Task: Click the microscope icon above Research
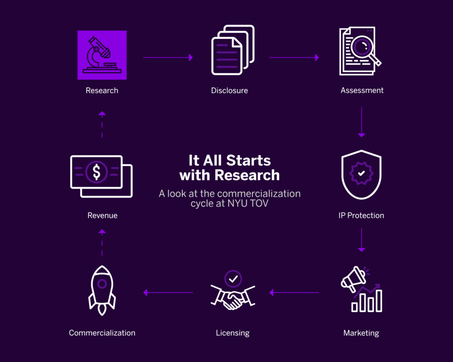coord(102,55)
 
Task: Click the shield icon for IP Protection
coord(361,175)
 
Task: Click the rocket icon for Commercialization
coord(102,290)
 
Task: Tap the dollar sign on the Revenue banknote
coord(96,171)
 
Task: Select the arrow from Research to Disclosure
coord(168,57)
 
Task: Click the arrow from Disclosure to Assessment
coord(294,57)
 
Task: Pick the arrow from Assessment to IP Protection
coord(361,122)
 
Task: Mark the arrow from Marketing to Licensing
coord(294,293)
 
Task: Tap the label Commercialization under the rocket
coord(102,333)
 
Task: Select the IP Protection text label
coord(361,216)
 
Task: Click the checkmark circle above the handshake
coord(233,279)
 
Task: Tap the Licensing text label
coord(233,333)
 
